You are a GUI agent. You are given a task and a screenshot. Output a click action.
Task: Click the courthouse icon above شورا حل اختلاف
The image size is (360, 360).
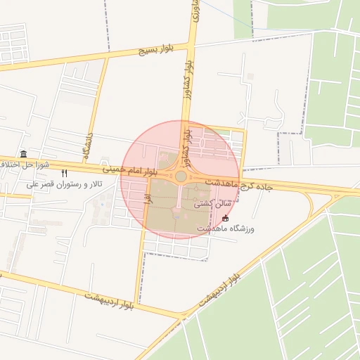point(24,154)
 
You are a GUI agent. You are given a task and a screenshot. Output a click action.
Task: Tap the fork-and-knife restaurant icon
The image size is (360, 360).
point(64,173)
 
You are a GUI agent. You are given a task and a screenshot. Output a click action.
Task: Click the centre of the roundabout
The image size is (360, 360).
point(181,176)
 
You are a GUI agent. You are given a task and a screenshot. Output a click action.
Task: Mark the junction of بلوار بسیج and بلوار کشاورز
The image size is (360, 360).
point(191,45)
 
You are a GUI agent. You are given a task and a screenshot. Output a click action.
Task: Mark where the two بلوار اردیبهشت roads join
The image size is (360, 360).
point(181,314)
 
